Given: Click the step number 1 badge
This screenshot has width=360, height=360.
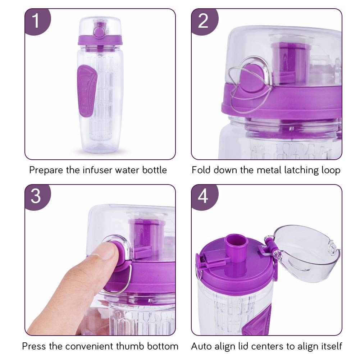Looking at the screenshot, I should tap(36, 21).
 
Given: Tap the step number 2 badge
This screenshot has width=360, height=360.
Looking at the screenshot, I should tap(203, 21).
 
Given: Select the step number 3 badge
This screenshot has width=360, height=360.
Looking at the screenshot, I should tap(36, 197).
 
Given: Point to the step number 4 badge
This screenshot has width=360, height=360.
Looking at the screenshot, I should tap(203, 197).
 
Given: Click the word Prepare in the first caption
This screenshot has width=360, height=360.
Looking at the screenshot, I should tap(46, 170).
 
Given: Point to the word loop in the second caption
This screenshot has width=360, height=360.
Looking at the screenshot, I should tap(330, 170).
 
